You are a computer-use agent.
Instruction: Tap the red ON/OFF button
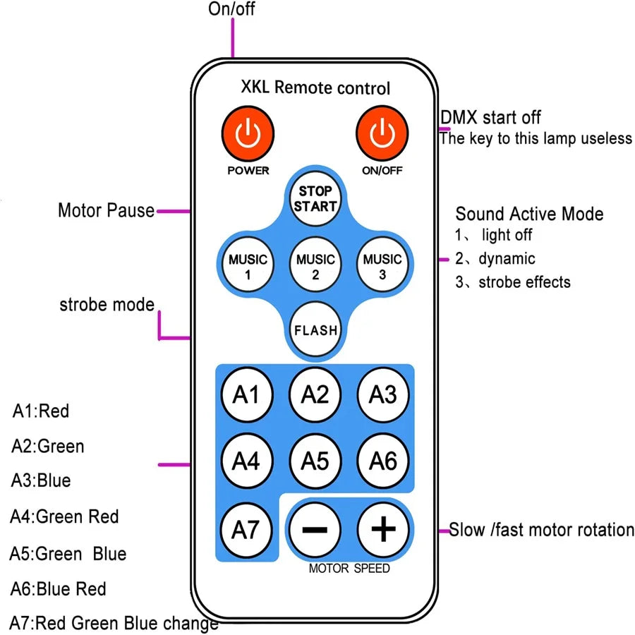pyautogui.click(x=381, y=133)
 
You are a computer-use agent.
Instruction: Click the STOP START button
pyautogui.click(x=315, y=199)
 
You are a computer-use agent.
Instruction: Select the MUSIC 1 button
pyautogui.click(x=248, y=267)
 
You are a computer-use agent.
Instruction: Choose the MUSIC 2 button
pyautogui.click(x=315, y=267)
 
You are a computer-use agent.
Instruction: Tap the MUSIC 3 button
pyautogui.click(x=382, y=267)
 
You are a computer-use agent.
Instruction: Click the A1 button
pyautogui.click(x=246, y=394)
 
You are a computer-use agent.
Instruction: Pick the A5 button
pyautogui.click(x=315, y=461)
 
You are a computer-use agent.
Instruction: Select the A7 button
pyautogui.click(x=246, y=528)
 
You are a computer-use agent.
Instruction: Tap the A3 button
pyautogui.click(x=383, y=394)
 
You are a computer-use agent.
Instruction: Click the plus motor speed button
pyautogui.click(x=383, y=528)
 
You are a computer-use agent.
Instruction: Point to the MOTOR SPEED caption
pyautogui.click(x=349, y=568)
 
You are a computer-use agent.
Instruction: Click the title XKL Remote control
pyautogui.click(x=315, y=88)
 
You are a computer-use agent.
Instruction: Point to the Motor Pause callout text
pyautogui.click(x=106, y=210)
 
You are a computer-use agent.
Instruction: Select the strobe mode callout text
pyautogui.click(x=107, y=305)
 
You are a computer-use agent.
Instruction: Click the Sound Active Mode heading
pyautogui.click(x=529, y=214)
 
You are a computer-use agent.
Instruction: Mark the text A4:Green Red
pyautogui.click(x=64, y=517)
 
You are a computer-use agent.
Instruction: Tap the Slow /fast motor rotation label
pyautogui.click(x=542, y=530)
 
